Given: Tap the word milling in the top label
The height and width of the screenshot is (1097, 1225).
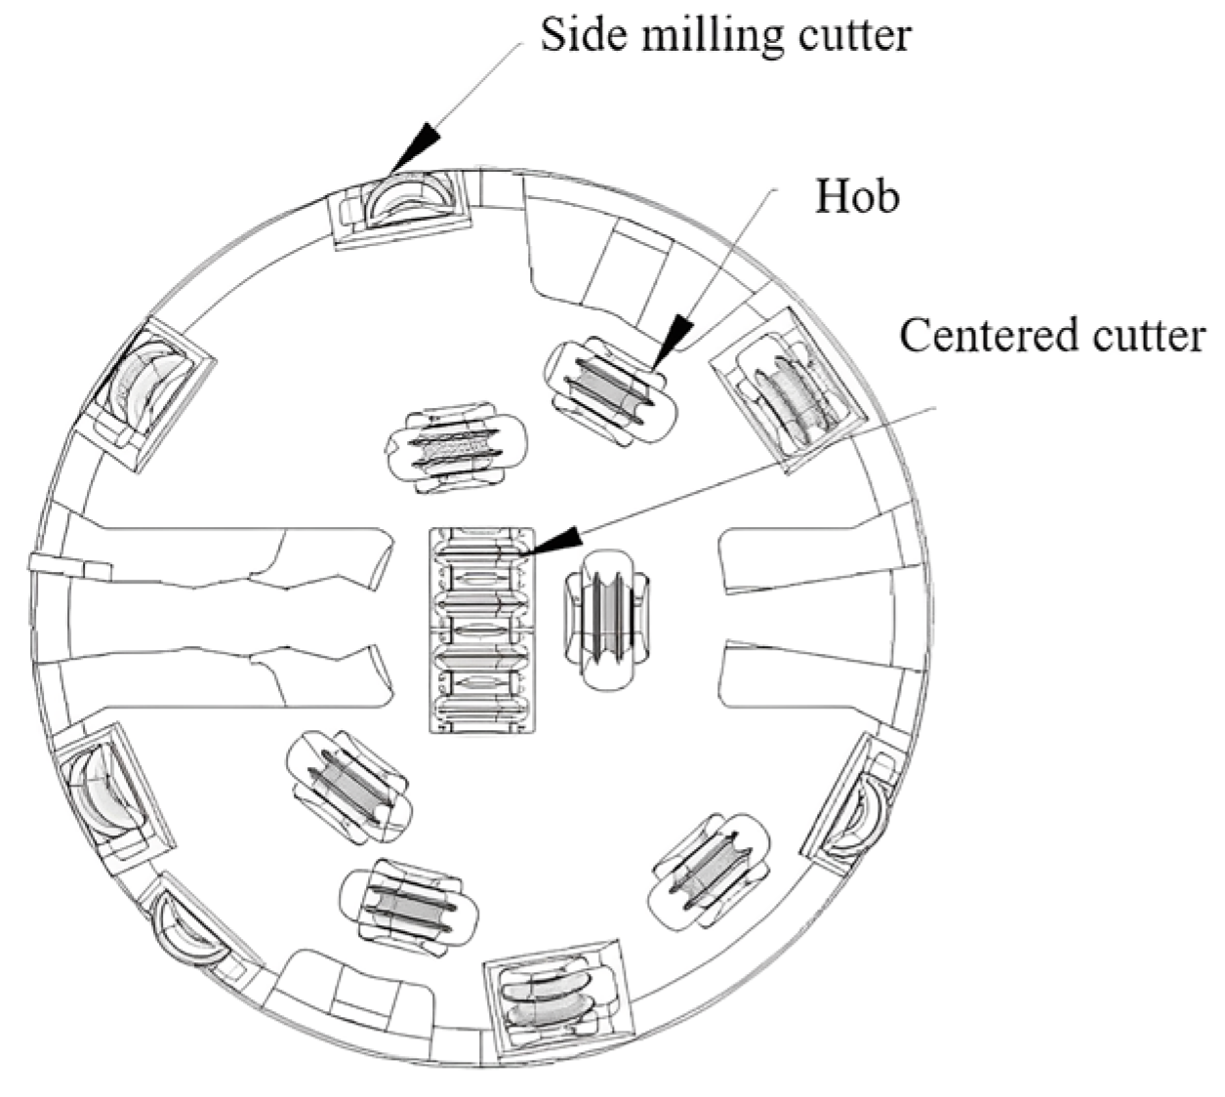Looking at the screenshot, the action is click(x=692, y=35).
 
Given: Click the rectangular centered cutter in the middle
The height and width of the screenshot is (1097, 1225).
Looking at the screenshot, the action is click(x=484, y=630).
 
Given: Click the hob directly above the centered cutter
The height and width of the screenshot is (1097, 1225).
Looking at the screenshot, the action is click(x=454, y=445).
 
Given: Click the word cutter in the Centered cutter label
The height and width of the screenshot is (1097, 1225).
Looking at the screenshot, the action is click(x=1153, y=335).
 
